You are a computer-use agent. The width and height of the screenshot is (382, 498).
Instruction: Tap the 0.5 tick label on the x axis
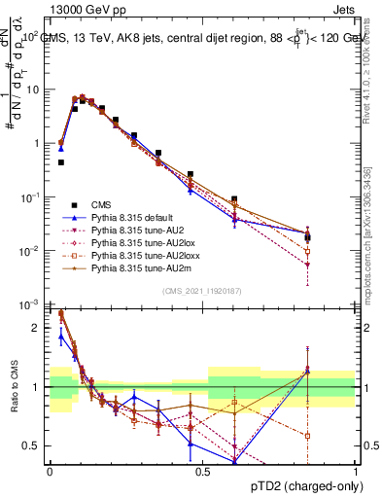202,471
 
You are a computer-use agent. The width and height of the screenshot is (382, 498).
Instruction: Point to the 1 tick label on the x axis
356,471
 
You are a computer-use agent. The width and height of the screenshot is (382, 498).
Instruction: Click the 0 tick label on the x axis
50,471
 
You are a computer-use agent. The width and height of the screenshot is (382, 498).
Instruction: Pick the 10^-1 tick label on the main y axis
30,197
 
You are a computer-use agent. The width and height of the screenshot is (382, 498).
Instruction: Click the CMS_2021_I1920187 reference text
201,291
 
